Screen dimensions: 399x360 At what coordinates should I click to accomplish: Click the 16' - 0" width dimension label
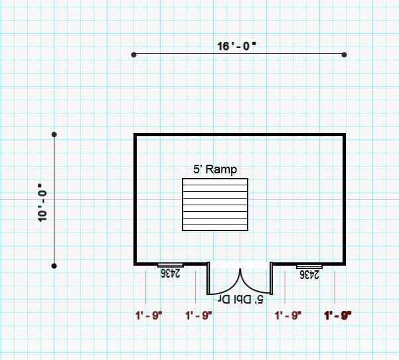click(236, 46)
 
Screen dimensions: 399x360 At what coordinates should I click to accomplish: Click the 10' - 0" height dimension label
click(42, 203)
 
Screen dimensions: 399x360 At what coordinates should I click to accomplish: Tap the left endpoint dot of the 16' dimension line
click(134, 54)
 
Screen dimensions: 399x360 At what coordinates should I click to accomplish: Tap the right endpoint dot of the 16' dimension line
click(344, 54)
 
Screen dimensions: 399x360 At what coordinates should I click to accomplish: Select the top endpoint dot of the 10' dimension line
click(54, 134)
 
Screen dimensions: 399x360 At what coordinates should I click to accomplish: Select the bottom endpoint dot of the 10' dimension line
click(54, 266)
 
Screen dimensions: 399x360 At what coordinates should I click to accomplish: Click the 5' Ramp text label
click(215, 169)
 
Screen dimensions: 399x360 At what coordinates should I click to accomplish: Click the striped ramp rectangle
click(215, 205)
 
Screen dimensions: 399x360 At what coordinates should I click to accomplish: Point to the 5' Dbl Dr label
click(240, 299)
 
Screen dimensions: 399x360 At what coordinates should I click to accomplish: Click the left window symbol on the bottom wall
click(170, 265)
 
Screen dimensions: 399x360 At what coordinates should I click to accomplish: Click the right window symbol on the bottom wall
click(309, 266)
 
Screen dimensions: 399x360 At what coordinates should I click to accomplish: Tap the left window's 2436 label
click(170, 273)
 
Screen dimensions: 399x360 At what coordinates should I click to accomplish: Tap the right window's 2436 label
click(309, 275)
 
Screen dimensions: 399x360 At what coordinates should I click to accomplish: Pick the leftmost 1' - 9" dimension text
click(149, 315)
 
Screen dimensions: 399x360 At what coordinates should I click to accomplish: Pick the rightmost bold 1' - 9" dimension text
click(338, 315)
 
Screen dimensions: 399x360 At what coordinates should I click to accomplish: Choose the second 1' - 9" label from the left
click(199, 315)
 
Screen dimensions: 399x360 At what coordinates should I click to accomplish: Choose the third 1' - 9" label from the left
click(288, 315)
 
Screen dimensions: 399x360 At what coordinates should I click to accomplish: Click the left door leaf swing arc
click(231, 287)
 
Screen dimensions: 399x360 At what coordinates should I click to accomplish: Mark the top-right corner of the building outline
click(345, 134)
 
